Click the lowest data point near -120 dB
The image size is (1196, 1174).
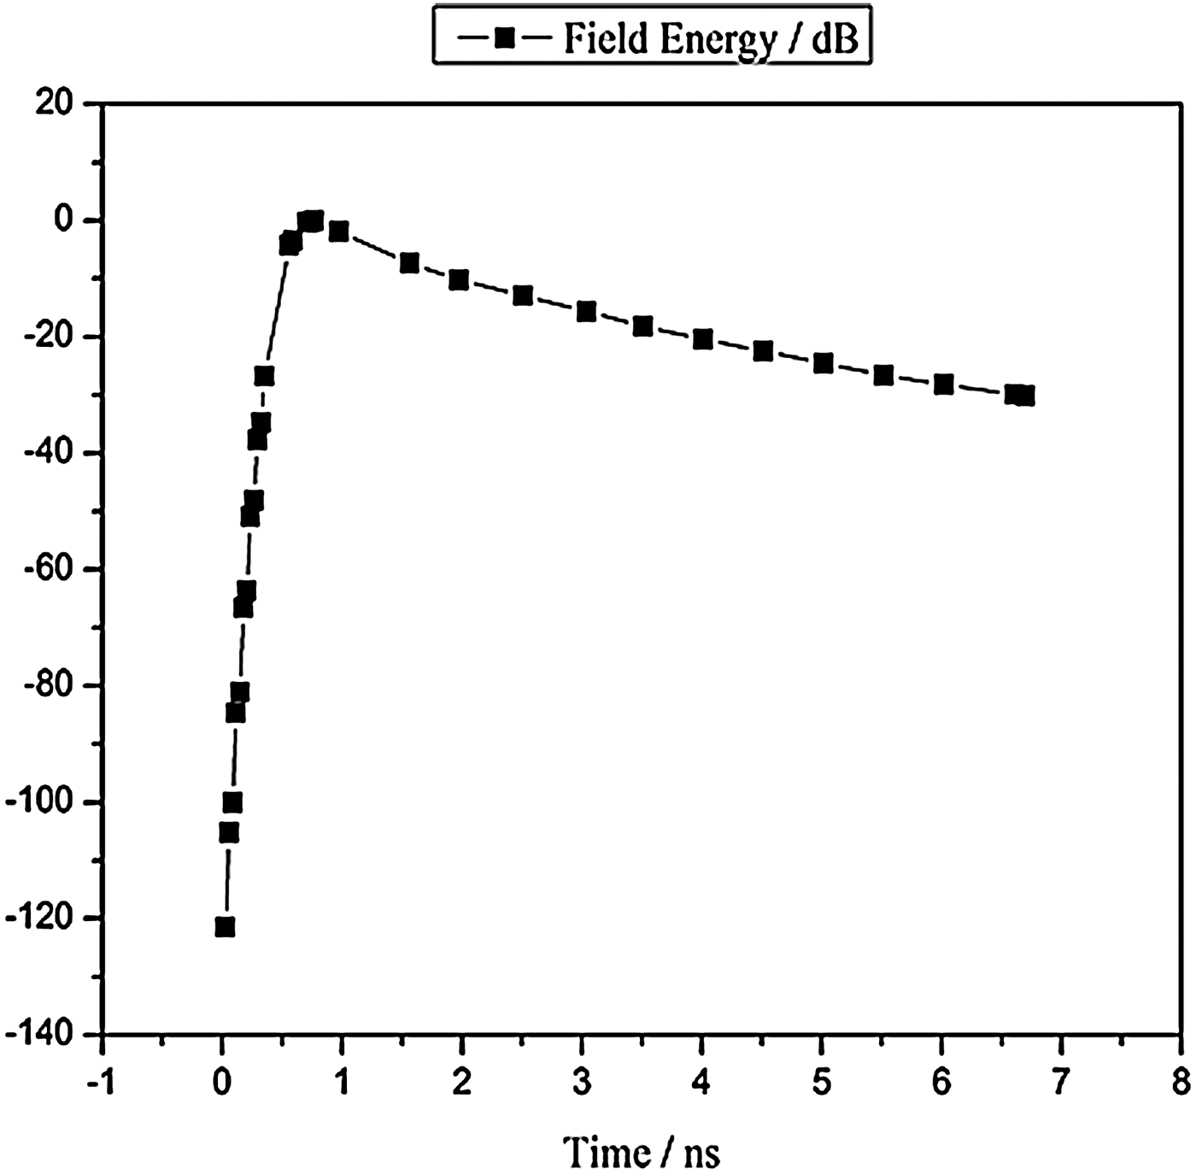coord(225,927)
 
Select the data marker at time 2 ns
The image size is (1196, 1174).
coord(459,280)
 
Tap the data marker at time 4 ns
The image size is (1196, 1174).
coord(703,339)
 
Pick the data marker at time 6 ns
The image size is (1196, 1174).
coord(943,384)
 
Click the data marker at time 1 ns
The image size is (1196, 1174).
coord(339,232)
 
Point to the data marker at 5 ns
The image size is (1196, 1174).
coord(824,364)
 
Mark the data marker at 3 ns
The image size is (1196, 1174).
coord(586,312)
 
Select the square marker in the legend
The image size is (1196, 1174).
coord(505,38)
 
